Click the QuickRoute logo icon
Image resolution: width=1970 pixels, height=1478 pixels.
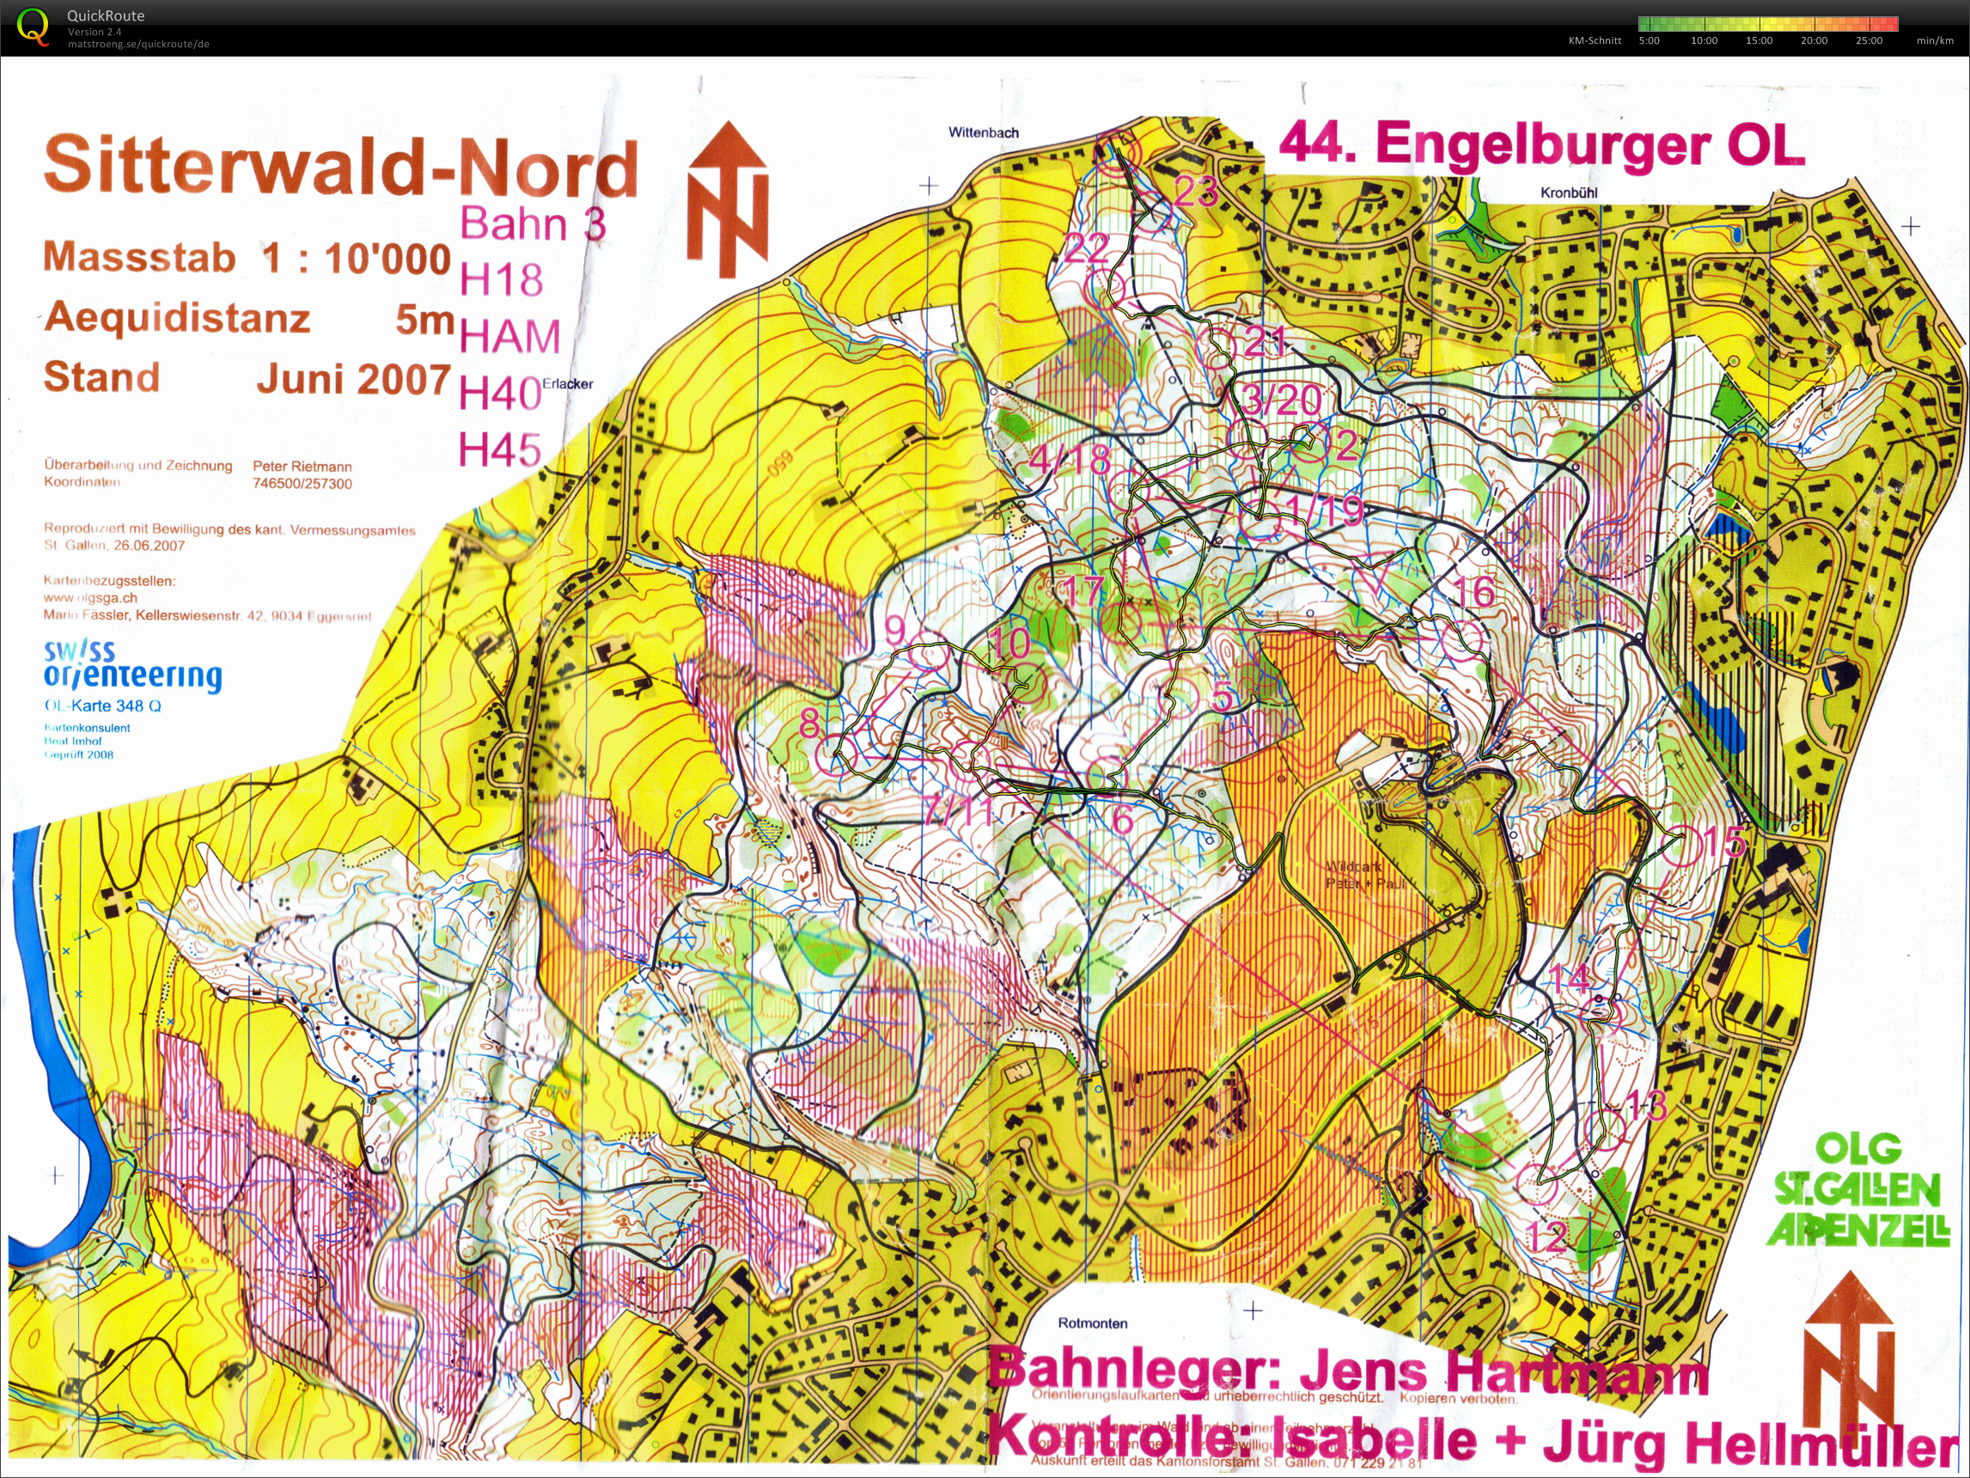click(32, 26)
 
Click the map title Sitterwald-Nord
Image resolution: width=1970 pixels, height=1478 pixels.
click(341, 167)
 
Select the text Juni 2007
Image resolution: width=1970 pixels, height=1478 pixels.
click(354, 380)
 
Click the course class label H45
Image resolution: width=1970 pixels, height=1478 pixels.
click(500, 450)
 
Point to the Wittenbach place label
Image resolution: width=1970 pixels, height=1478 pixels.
click(983, 132)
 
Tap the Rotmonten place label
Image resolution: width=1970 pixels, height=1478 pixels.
click(1092, 1323)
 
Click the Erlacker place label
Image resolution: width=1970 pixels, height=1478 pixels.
click(567, 384)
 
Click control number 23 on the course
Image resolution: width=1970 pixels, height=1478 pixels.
click(1195, 191)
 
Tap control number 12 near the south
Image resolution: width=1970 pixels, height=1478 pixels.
click(1548, 1237)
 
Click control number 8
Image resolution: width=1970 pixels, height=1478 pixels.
click(809, 723)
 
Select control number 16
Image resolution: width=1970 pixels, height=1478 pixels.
click(1474, 590)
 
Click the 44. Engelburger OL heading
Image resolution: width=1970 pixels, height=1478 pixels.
click(1540, 145)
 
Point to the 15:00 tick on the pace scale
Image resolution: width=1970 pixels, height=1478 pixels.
click(1758, 40)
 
